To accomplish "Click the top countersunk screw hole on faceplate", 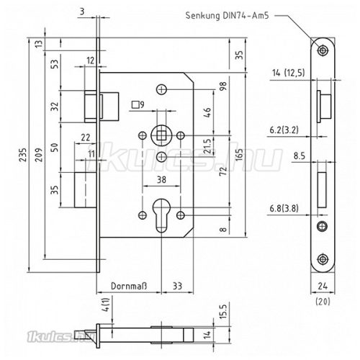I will tap(321, 49).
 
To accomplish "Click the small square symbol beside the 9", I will tap(135, 104).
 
